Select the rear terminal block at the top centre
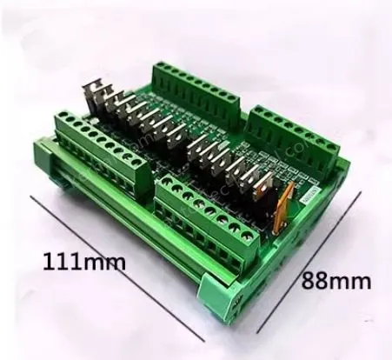[196, 83]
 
